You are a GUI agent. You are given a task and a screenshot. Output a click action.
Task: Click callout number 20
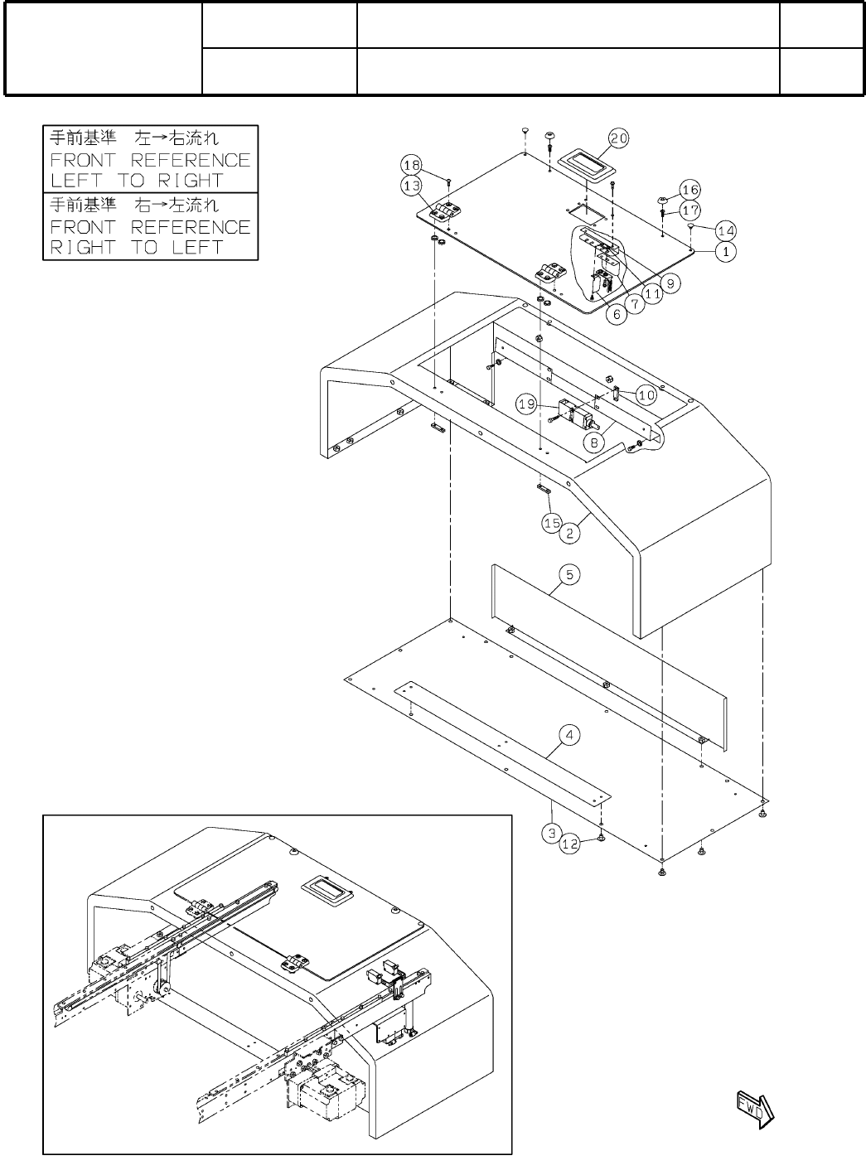[x=619, y=138]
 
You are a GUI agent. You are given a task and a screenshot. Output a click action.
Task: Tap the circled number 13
[x=413, y=185]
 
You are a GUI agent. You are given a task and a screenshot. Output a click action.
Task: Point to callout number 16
[x=690, y=190]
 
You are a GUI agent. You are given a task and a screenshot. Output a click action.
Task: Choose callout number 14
[x=726, y=230]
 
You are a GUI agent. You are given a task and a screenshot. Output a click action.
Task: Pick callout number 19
[x=527, y=404]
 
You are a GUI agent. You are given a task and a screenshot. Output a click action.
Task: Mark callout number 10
[x=646, y=395]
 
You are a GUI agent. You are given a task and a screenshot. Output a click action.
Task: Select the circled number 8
[x=593, y=444]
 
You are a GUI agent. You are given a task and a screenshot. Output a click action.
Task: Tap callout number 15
[x=553, y=523]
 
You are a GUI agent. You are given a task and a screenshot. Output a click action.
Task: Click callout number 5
[x=570, y=573]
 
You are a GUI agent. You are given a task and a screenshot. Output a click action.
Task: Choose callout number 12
[x=569, y=844]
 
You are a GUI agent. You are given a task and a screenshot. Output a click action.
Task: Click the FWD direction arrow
[x=754, y=1110]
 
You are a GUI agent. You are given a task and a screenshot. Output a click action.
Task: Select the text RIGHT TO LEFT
[x=137, y=247]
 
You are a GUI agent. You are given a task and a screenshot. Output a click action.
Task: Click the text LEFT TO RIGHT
[x=137, y=181]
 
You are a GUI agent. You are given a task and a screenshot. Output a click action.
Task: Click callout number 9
[x=671, y=283]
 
